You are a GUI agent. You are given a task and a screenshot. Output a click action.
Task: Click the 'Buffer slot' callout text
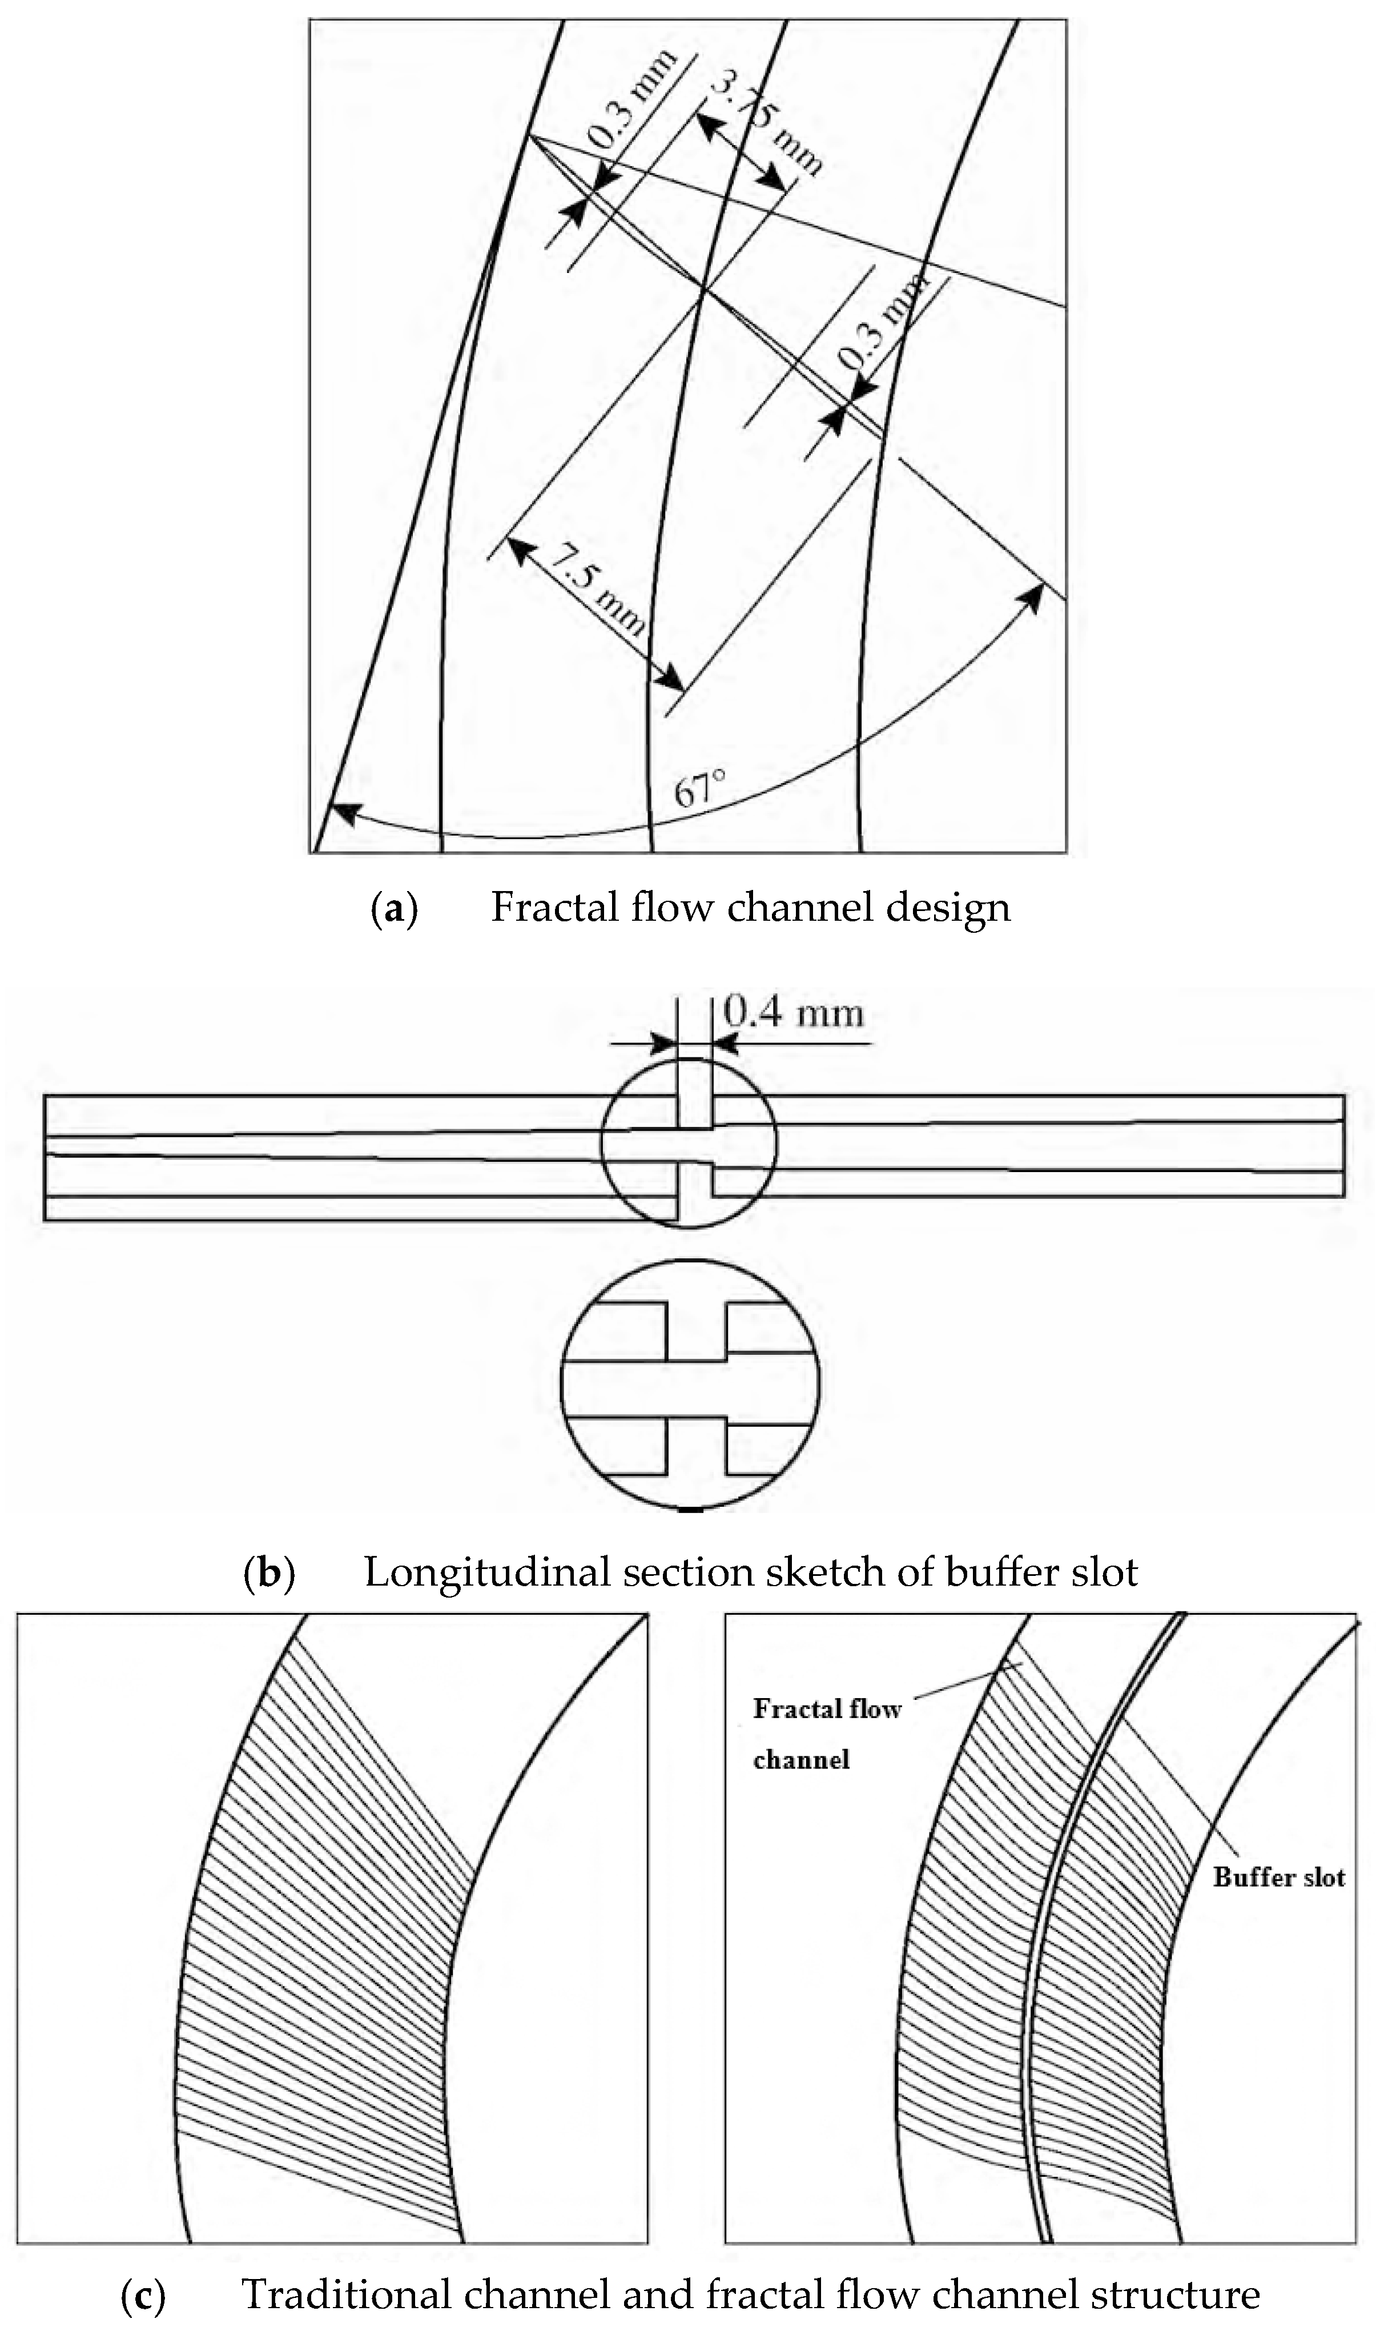(x=1278, y=1879)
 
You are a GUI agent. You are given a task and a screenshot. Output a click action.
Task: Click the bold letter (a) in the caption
(x=394, y=908)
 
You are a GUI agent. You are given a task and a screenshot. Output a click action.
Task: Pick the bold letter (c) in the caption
(x=144, y=2294)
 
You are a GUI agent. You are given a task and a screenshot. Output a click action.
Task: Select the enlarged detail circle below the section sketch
(x=690, y=1387)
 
